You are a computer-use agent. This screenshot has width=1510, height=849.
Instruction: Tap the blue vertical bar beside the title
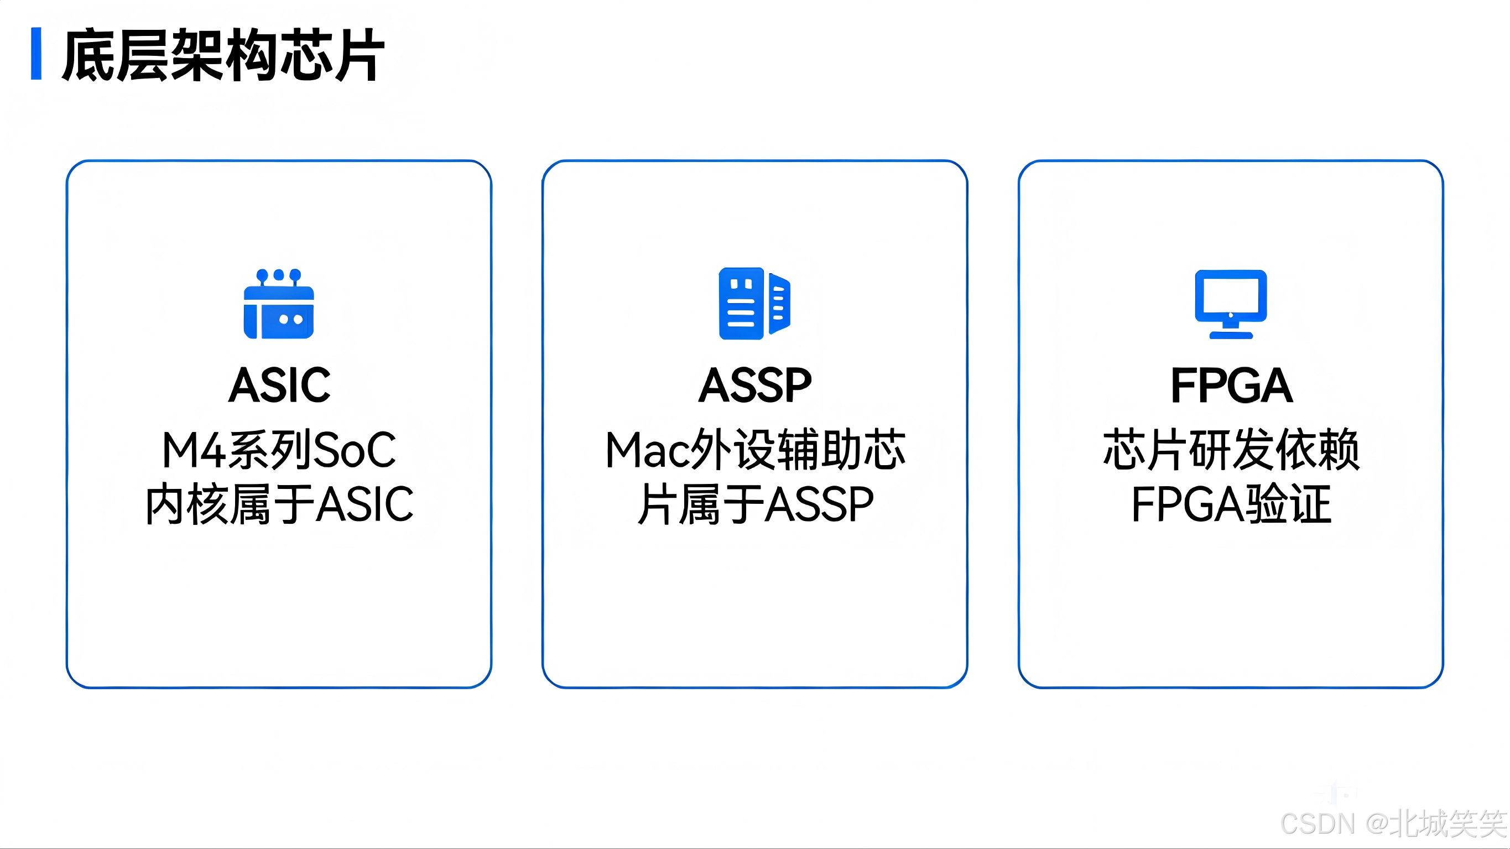pyautogui.click(x=37, y=53)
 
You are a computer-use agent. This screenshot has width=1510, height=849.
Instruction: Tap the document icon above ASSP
pyautogui.click(x=754, y=303)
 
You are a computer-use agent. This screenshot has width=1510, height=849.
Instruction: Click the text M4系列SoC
pyautogui.click(x=279, y=450)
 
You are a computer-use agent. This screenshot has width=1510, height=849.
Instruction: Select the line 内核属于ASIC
pyautogui.click(x=279, y=504)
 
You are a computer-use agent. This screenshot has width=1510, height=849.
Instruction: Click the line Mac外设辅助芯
pyautogui.click(x=755, y=450)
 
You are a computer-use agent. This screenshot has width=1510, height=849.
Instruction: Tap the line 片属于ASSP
pyautogui.click(x=755, y=504)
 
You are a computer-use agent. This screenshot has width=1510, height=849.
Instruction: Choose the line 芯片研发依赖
pyautogui.click(x=1231, y=450)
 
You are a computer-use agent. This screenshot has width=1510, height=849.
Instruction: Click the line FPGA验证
pyautogui.click(x=1231, y=504)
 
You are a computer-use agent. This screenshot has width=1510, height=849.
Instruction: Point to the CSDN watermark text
pyautogui.click(x=1393, y=823)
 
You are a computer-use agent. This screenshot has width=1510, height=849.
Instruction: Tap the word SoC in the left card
pyautogui.click(x=355, y=450)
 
